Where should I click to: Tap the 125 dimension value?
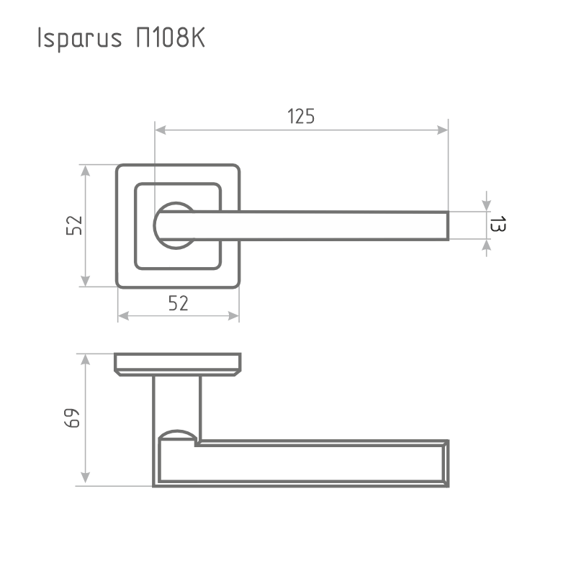[301, 116]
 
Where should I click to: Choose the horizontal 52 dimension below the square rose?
[178, 304]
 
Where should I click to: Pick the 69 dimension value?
[73, 419]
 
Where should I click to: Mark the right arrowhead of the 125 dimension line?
[441, 130]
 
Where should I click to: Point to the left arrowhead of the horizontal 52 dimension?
[124, 316]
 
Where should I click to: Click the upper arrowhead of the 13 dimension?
[487, 204]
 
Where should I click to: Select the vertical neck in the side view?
[177, 403]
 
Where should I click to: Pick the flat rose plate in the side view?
[177, 364]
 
